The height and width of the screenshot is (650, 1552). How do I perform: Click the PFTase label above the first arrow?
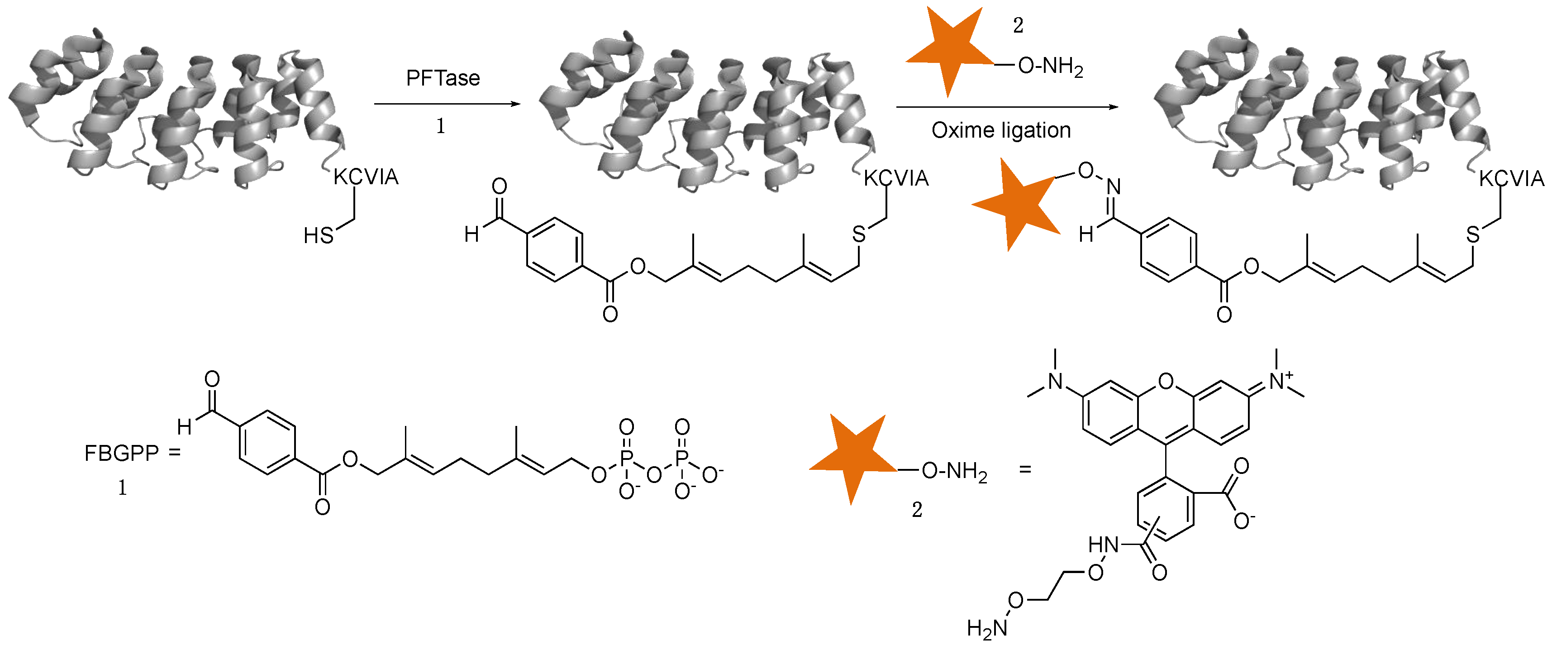pos(443,78)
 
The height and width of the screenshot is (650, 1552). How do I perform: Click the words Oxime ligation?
pos(1001,130)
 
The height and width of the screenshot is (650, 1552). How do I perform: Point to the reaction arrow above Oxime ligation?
pos(1007,107)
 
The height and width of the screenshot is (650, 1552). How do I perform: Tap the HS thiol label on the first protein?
pos(318,236)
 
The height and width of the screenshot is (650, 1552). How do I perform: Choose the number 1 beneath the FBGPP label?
pos(122,487)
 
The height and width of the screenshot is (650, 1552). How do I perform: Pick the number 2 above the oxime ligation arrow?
pos(1018,25)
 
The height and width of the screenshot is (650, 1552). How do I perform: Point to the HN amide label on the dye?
pos(1103,545)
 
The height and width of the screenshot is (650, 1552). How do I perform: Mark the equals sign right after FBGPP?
pos(175,452)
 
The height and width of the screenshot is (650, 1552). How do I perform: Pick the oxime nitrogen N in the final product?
pos(1114,186)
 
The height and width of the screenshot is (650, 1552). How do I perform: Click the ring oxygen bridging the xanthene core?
pos(1166,381)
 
